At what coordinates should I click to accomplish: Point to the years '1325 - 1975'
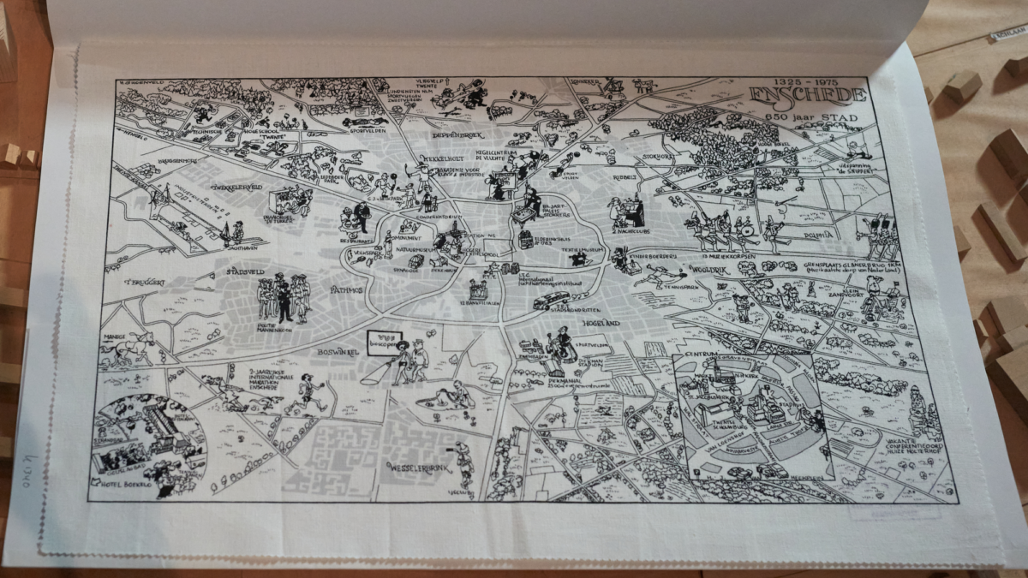[801, 81]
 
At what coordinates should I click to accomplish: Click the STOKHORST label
[659, 157]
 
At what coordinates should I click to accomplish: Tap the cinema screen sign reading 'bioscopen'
[385, 340]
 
